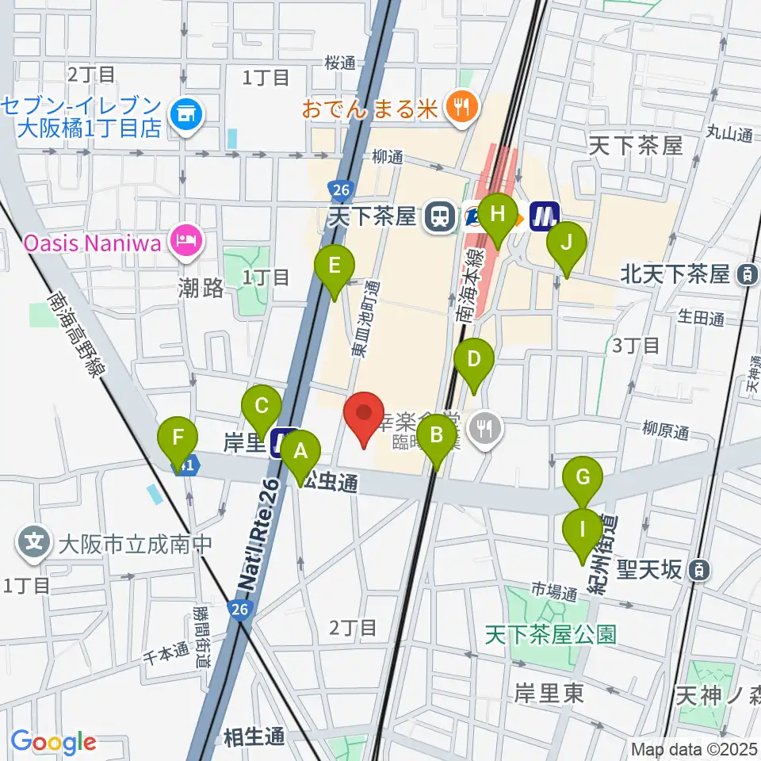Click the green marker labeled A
pyautogui.click(x=300, y=452)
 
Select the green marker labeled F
pyautogui.click(x=178, y=438)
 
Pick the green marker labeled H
pyautogui.click(x=498, y=214)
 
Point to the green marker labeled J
pyautogui.click(x=566, y=242)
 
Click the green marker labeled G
pyautogui.click(x=583, y=477)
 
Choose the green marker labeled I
pyautogui.click(x=583, y=529)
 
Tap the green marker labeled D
pyautogui.click(x=473, y=358)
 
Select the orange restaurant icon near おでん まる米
pyautogui.click(x=458, y=106)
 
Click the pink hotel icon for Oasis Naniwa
pyautogui.click(x=186, y=237)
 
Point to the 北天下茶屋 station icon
pyautogui.click(x=746, y=275)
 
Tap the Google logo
pyautogui.click(x=53, y=743)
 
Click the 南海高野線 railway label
pyautogui.click(x=75, y=332)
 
